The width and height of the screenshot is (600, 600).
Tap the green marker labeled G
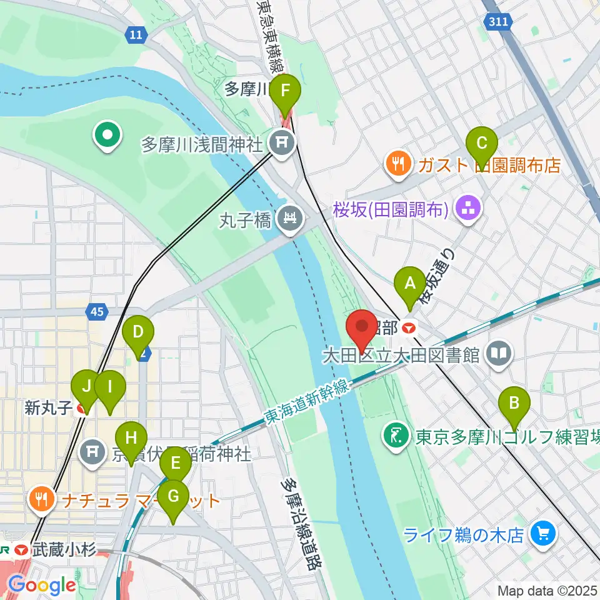pos(173,499)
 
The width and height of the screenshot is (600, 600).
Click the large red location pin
pos(362,329)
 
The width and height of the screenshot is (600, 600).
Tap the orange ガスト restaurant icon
pos(397,164)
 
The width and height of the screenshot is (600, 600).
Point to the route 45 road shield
pos(98,311)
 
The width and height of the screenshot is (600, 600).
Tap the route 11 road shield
pos(136,34)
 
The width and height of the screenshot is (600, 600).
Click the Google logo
pos(42,585)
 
